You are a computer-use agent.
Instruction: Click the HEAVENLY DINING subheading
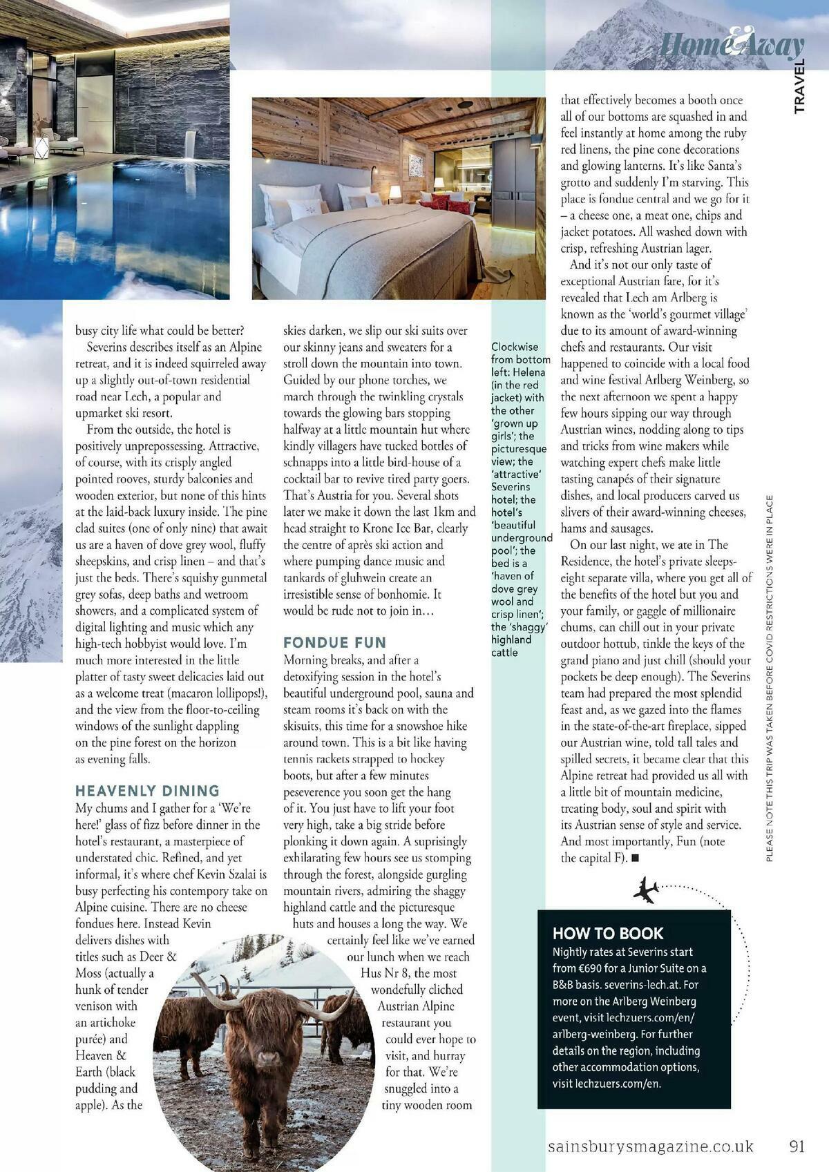pos(147,791)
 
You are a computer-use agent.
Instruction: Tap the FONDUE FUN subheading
pos(334,642)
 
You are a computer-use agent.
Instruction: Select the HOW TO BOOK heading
pos(608,934)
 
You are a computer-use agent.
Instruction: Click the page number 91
pos(797,1146)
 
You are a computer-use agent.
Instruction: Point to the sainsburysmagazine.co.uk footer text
pos(650,1146)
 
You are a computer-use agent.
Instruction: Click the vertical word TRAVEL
pos(799,86)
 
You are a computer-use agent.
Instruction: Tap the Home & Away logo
pos(732,45)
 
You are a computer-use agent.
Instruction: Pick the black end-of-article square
pos(636,858)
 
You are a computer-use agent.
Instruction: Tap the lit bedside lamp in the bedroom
pos(395,191)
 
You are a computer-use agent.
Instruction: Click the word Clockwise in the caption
pos(515,347)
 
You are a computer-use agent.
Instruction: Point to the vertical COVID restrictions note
pos(770,677)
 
